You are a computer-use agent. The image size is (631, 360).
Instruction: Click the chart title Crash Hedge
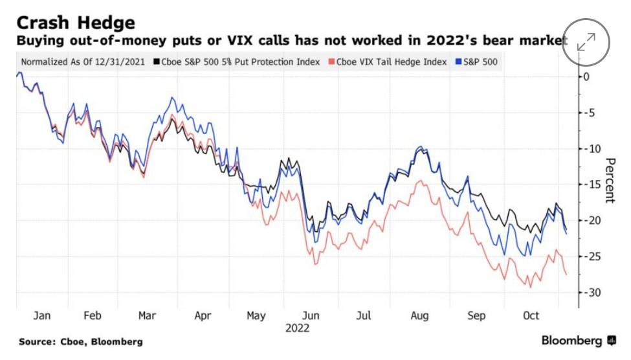click(76, 23)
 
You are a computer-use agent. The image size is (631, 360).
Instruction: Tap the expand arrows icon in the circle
click(586, 42)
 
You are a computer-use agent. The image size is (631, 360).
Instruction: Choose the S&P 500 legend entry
click(480, 63)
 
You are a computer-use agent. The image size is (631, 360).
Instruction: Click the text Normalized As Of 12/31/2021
click(84, 63)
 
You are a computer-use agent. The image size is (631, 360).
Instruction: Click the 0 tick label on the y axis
click(586, 76)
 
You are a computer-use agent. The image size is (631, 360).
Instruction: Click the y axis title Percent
click(610, 180)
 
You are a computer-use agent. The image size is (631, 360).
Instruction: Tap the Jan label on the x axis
click(42, 315)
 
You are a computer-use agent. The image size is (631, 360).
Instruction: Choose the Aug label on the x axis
click(419, 315)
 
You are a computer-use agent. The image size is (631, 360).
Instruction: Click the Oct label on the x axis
click(531, 315)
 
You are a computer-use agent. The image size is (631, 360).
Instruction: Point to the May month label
click(256, 315)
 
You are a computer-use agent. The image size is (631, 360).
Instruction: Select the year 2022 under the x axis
click(297, 328)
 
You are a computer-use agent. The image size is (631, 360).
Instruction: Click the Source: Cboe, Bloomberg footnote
click(81, 341)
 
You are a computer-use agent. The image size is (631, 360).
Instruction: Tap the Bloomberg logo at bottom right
click(579, 341)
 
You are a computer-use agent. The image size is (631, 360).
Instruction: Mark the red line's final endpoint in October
click(566, 275)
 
